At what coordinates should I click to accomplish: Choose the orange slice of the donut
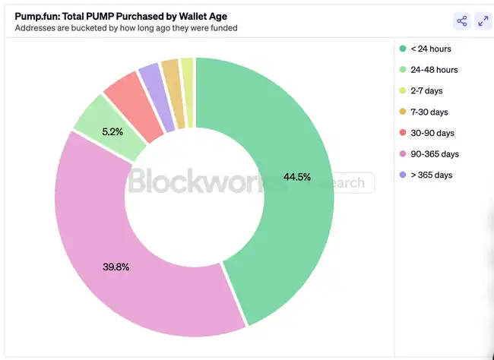(x=172, y=79)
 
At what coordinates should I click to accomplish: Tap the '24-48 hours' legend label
(x=434, y=70)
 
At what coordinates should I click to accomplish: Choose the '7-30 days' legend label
(x=430, y=112)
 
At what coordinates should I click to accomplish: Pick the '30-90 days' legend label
(x=432, y=133)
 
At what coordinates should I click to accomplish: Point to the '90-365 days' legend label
(x=435, y=154)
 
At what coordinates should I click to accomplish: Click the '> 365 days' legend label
(x=431, y=175)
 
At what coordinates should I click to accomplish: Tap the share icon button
(x=461, y=21)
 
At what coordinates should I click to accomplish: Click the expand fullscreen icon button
(x=483, y=21)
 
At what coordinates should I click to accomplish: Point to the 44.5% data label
(x=297, y=177)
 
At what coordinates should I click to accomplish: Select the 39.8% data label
(x=116, y=267)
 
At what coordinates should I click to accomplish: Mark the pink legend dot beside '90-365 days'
(x=403, y=154)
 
